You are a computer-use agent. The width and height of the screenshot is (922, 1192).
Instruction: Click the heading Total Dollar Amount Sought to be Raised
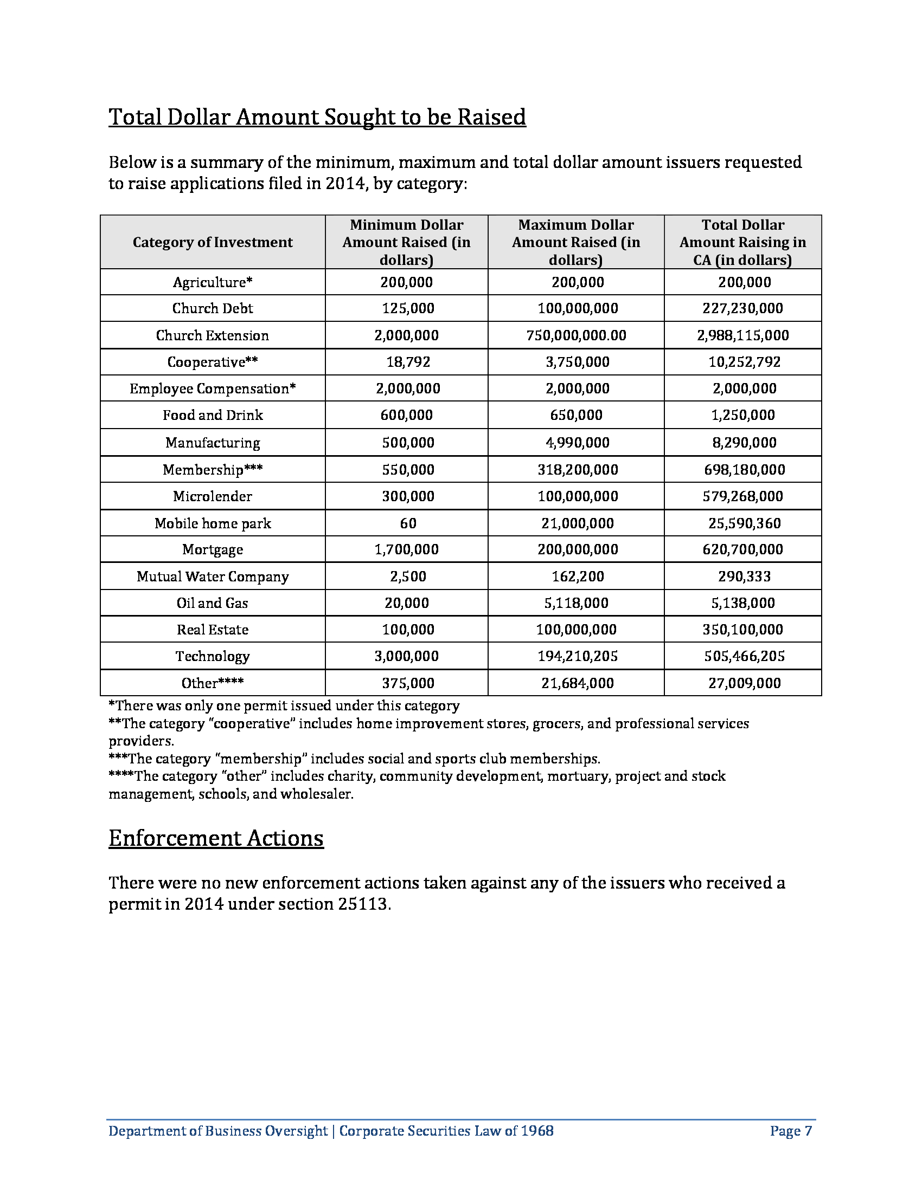[317, 118]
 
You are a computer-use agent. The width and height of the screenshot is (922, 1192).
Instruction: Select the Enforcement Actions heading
[216, 838]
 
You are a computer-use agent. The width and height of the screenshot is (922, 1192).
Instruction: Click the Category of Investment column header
[213, 242]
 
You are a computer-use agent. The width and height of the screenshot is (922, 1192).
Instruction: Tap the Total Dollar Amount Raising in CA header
[743, 242]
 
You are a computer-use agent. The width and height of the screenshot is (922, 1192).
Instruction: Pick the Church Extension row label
[213, 335]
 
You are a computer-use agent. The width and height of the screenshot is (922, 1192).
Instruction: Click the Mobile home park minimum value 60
[408, 523]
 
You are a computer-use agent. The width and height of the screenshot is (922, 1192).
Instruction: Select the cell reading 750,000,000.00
[576, 335]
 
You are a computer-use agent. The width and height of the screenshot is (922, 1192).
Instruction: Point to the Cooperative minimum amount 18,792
[408, 362]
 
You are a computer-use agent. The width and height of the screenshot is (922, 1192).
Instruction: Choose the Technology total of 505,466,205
[744, 656]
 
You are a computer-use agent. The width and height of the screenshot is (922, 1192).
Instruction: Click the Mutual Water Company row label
[213, 576]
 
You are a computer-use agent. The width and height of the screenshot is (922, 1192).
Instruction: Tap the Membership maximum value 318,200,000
[578, 469]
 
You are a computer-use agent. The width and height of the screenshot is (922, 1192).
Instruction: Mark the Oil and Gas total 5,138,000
[744, 603]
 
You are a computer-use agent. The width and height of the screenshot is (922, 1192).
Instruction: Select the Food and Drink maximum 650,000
[576, 415]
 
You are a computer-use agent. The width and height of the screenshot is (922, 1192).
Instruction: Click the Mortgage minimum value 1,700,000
[406, 549]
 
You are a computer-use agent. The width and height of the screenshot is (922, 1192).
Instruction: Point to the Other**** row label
[213, 683]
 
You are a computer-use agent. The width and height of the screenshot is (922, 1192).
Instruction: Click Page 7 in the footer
[791, 1130]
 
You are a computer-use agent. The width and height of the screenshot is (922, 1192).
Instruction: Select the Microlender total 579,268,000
[744, 496]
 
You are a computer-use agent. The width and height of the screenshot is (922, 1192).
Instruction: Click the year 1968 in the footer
[537, 1130]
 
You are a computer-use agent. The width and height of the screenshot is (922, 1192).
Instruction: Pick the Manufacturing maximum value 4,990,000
[578, 443]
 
